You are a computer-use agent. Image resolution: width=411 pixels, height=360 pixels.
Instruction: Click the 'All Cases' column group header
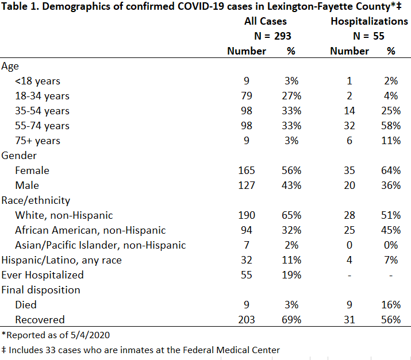(265, 21)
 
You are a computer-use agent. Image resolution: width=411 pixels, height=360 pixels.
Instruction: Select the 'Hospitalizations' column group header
(369, 21)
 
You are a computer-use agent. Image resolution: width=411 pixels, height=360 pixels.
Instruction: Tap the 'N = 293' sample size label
(272, 36)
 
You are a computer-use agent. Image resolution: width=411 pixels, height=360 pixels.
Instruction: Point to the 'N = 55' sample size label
(368, 36)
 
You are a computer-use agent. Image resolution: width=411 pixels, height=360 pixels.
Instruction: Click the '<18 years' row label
(37, 81)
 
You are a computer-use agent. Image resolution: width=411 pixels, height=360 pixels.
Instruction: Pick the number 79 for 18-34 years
(247, 96)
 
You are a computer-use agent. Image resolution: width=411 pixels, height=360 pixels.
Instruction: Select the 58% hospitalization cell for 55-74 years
(391, 126)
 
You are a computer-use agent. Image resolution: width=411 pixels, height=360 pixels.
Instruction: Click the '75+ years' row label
(37, 141)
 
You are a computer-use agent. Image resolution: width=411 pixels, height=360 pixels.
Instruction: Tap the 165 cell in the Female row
(247, 171)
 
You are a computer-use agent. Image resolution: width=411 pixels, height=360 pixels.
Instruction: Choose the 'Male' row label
(27, 185)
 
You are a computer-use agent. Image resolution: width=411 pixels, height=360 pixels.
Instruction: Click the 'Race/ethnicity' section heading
(36, 200)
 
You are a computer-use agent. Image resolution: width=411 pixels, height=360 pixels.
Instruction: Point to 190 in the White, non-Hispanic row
(247, 215)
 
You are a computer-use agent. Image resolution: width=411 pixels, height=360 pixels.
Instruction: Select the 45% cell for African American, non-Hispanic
(391, 230)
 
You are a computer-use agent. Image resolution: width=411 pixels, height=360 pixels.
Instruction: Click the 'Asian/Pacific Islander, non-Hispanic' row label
(101, 245)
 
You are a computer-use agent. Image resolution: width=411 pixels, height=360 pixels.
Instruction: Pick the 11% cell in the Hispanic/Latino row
(291, 260)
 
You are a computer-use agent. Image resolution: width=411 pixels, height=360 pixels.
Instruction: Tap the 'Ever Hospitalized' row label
(43, 275)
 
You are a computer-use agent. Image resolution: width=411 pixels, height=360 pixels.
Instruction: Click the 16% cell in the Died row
(391, 305)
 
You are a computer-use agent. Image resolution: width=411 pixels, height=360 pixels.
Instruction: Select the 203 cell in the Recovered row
(247, 320)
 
